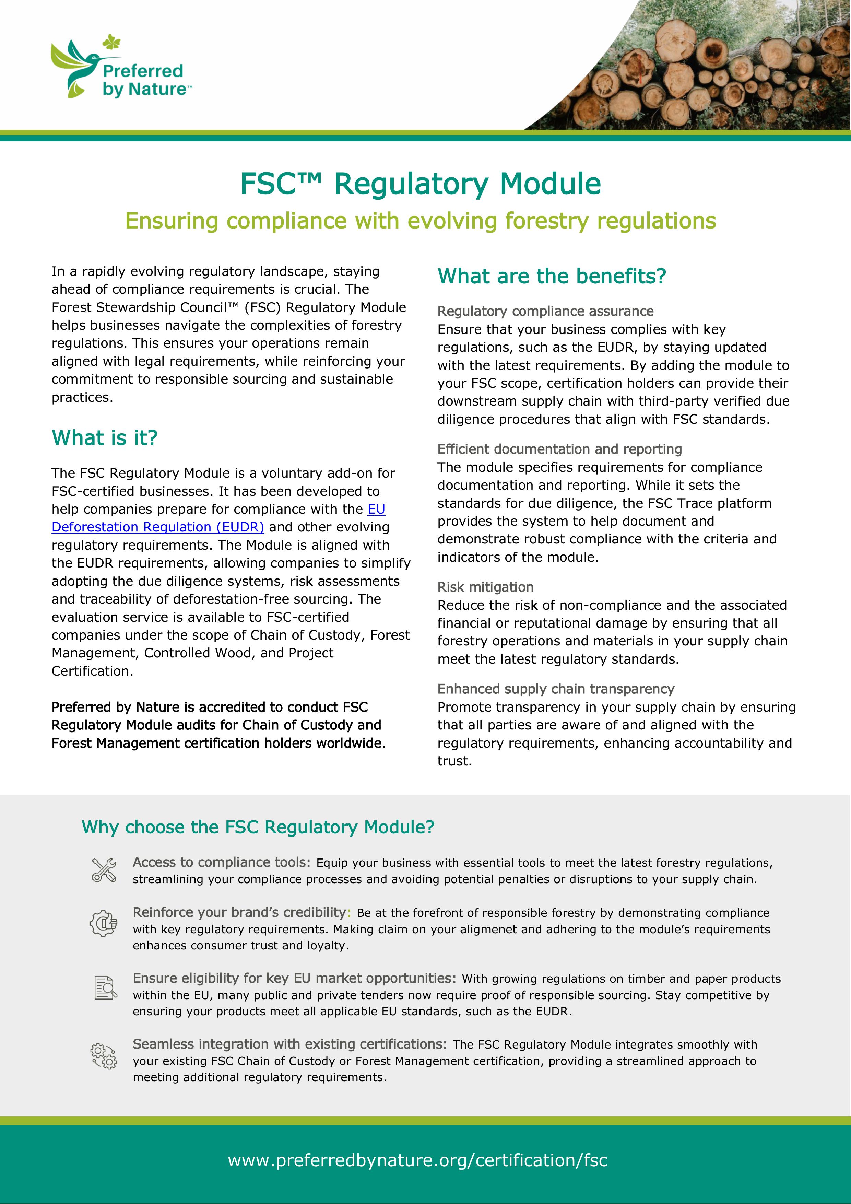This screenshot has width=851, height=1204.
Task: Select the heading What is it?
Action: (x=104, y=438)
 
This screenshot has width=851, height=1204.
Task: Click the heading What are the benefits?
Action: (x=552, y=276)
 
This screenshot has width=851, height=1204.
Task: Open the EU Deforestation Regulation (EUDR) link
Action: (x=157, y=527)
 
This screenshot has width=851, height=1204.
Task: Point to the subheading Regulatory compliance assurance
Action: (x=545, y=312)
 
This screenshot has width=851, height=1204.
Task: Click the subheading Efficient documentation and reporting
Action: (x=559, y=449)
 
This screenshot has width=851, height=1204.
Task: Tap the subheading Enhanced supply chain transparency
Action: (x=556, y=689)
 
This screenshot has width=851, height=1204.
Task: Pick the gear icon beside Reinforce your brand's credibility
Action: (x=103, y=923)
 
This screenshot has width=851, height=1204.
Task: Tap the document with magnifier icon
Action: (x=105, y=988)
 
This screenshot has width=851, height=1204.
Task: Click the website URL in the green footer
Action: (x=417, y=1160)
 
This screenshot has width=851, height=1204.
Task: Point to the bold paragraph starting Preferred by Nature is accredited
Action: (x=218, y=725)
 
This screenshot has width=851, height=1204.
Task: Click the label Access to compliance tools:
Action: (x=221, y=863)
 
